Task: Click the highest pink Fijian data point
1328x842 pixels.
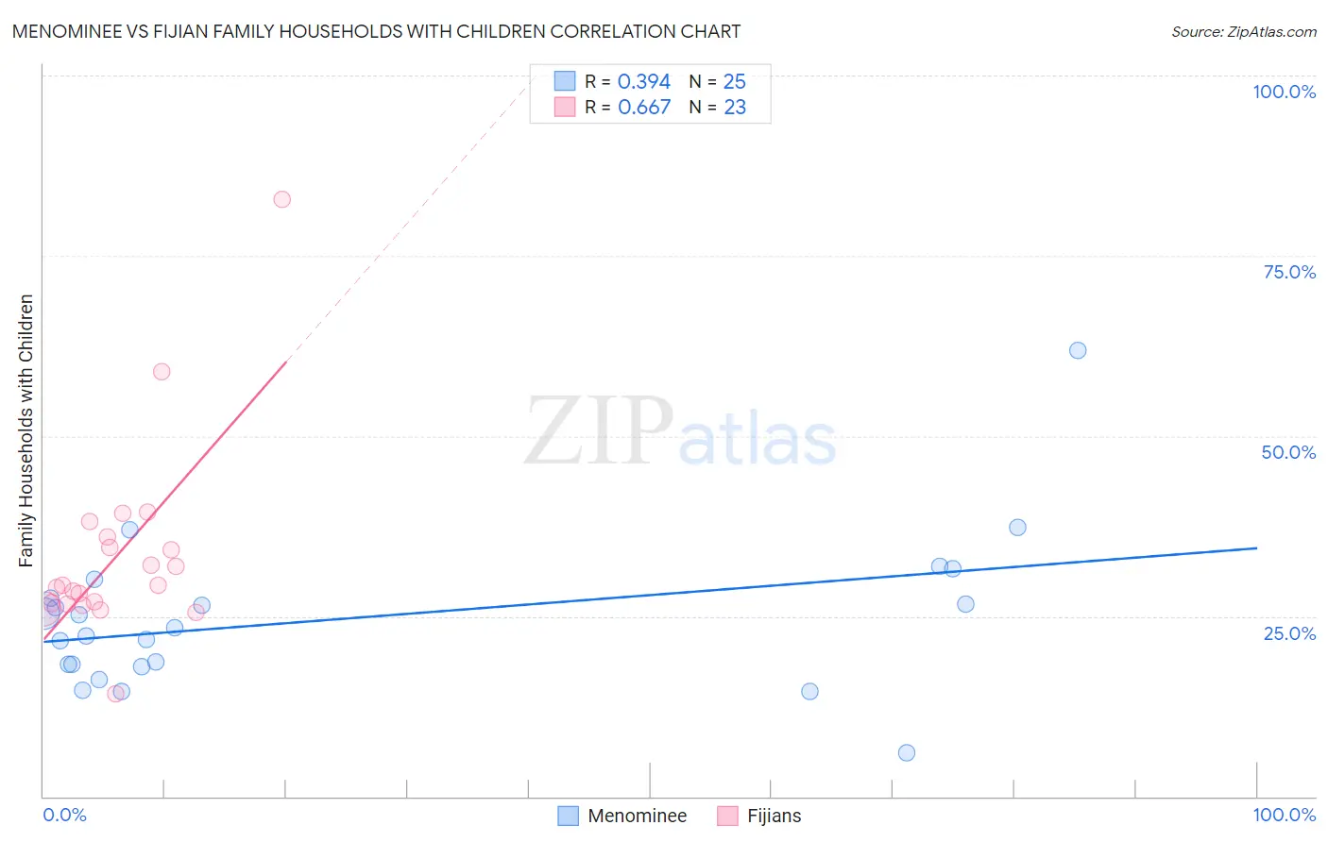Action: coord(281,199)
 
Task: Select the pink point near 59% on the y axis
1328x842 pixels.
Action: coord(162,372)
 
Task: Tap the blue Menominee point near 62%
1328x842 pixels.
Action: coord(1078,350)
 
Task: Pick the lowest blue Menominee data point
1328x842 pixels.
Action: coord(907,752)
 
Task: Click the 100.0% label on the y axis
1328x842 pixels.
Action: coord(1284,92)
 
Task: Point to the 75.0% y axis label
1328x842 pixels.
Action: coord(1289,272)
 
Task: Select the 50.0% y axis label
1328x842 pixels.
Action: coord(1288,452)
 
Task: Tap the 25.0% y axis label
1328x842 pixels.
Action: coord(1289,633)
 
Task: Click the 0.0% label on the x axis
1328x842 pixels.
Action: coord(64,815)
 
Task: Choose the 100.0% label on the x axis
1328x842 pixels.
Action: coord(1284,815)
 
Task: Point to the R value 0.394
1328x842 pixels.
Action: coord(644,82)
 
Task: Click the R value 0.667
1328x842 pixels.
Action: coord(644,108)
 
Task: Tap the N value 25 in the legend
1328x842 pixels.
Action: coord(735,82)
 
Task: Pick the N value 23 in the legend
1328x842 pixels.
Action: coord(735,108)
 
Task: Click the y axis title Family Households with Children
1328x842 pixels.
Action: coord(26,430)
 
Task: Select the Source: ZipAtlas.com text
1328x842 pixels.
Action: coord(1243,32)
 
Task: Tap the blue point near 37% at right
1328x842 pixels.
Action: coord(1017,528)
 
